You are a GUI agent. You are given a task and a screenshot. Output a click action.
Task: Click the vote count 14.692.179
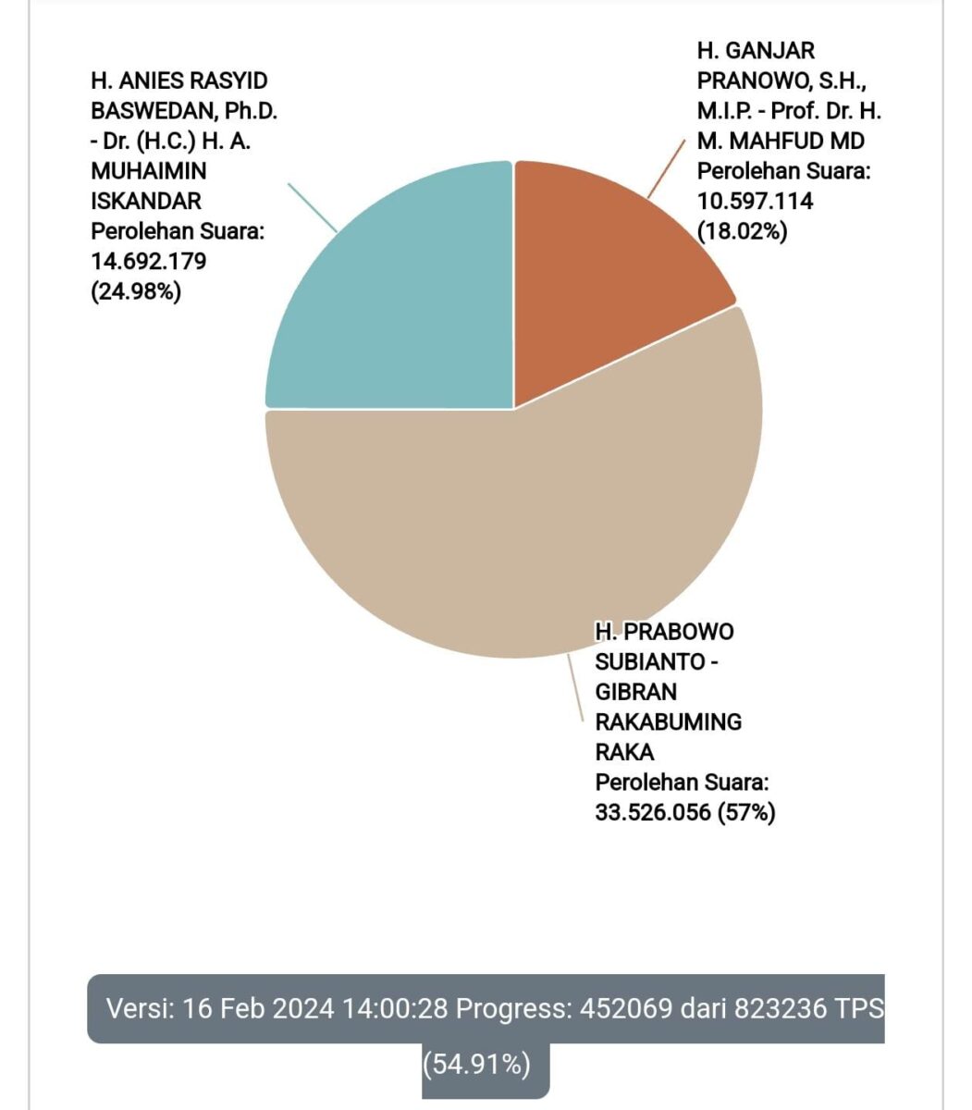148,262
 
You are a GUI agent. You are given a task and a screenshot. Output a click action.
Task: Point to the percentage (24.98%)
136,292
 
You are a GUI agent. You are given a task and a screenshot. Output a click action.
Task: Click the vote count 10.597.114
755,202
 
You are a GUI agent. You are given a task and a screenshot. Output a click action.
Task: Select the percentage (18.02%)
743,231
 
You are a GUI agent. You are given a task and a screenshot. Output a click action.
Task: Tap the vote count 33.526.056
653,812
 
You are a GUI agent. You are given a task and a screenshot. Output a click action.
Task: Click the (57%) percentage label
746,812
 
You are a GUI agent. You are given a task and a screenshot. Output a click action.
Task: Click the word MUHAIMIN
148,171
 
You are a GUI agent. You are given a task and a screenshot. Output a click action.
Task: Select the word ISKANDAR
146,201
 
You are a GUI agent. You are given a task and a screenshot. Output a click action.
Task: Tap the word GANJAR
773,50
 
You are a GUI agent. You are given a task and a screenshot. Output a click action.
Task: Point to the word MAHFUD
775,142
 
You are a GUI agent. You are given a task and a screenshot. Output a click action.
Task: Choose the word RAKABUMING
669,721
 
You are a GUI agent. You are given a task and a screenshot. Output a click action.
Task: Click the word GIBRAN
636,692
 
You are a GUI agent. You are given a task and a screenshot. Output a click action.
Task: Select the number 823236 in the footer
780,1007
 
